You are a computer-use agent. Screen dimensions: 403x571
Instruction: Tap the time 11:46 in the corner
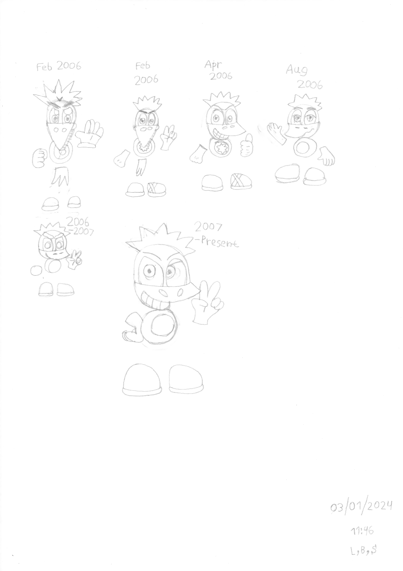(x=362, y=531)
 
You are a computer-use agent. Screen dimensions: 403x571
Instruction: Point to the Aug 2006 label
(x=304, y=77)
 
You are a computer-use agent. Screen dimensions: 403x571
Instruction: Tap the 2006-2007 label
(x=80, y=226)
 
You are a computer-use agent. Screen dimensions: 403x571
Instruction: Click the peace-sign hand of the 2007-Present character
(x=207, y=301)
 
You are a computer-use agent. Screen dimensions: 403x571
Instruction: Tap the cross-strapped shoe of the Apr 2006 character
(x=240, y=182)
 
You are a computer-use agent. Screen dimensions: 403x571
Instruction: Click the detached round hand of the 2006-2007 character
(x=35, y=271)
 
